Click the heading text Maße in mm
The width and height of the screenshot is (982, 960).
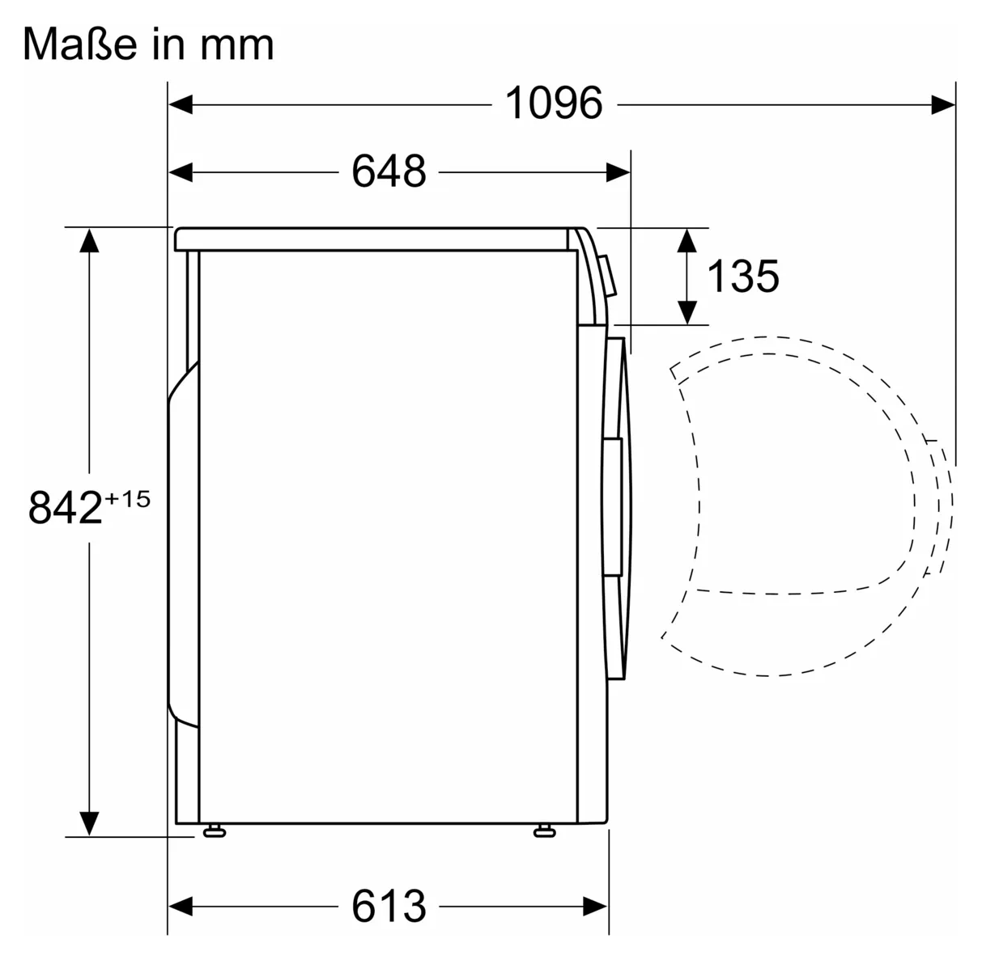tap(148, 44)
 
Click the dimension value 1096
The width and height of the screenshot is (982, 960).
tap(554, 104)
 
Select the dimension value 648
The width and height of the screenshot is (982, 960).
tap(389, 171)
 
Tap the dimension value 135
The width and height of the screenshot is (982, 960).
tap(743, 276)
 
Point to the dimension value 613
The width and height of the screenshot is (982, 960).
tap(389, 906)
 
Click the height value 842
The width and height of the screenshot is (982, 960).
tap(65, 508)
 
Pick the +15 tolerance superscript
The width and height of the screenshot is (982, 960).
tap(127, 499)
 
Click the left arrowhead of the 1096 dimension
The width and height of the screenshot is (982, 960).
tap(181, 104)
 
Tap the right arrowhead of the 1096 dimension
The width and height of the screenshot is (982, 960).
tap(943, 104)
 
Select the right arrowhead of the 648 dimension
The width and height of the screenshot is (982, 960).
tap(619, 172)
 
